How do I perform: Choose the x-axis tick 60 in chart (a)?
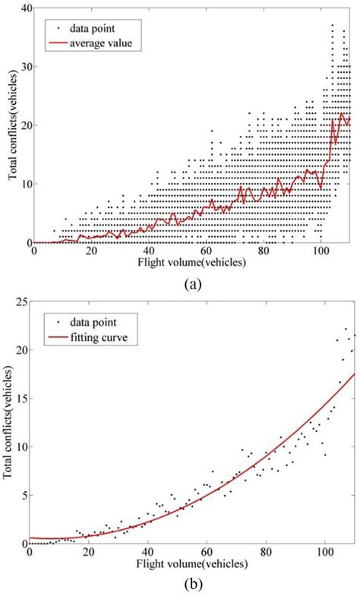pos(207,251)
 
